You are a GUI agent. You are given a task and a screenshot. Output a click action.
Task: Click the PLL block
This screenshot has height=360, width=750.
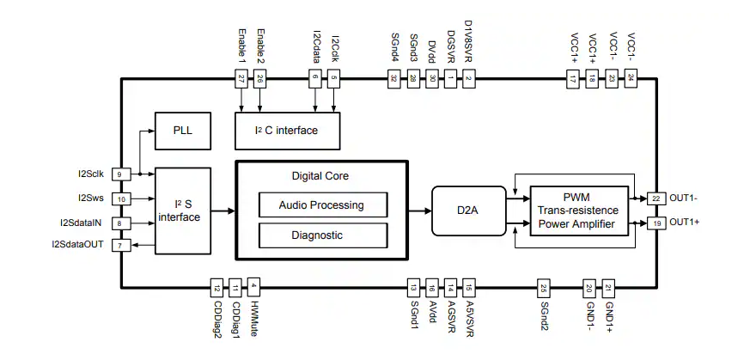click(182, 130)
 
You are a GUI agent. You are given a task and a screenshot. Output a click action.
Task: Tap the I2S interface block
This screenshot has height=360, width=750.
click(182, 211)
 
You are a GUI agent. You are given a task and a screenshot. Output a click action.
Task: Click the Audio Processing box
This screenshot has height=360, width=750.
click(322, 204)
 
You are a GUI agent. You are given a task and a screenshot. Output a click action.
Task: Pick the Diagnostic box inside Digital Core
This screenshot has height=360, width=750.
click(322, 235)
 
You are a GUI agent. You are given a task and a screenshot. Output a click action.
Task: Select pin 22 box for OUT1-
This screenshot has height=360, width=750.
click(657, 198)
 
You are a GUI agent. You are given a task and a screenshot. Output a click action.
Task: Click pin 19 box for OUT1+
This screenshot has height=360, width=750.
click(657, 223)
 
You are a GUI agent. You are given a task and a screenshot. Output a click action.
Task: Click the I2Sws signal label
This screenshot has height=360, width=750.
click(90, 198)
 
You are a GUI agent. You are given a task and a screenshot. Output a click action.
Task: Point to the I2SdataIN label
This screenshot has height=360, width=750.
click(82, 223)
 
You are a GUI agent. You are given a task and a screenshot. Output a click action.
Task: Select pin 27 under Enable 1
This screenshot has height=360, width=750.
click(241, 79)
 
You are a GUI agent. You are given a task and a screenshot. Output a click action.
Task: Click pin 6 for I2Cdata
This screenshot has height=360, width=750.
click(315, 79)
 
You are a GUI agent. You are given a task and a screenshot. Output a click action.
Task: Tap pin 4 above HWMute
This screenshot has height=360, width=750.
click(253, 287)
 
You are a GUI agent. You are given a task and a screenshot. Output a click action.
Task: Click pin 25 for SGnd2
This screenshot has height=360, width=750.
click(543, 287)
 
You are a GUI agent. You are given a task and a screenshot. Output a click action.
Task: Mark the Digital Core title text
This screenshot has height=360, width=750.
click(320, 176)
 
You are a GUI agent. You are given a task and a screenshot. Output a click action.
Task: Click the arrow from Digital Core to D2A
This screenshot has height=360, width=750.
click(421, 211)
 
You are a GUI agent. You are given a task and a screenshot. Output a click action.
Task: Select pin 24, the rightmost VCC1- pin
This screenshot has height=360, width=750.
click(631, 79)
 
